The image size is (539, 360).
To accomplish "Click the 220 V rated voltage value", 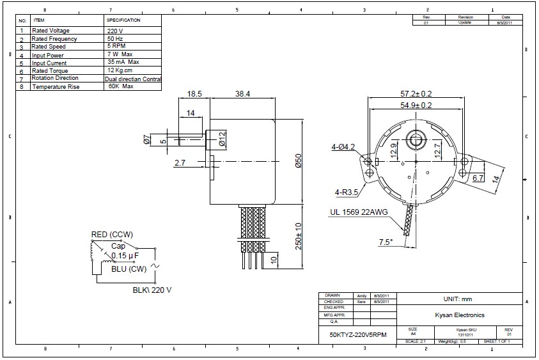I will click(x=115, y=31).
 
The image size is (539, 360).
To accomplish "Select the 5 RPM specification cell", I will click(x=116, y=46).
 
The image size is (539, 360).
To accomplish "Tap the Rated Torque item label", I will click(x=51, y=70).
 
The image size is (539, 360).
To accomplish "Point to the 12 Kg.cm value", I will click(x=120, y=70).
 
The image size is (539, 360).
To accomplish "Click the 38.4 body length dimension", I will click(x=242, y=93).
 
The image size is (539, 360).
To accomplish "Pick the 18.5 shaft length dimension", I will click(x=194, y=93).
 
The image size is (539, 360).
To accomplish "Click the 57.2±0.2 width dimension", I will click(x=416, y=93).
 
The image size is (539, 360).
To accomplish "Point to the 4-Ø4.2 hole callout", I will click(x=344, y=146).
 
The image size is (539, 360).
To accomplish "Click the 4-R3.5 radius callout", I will click(x=345, y=191).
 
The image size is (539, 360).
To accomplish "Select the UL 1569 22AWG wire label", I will click(x=361, y=212).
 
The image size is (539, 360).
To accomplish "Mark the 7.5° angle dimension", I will click(x=386, y=242).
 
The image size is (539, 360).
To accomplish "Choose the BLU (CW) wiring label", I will click(x=129, y=269).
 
